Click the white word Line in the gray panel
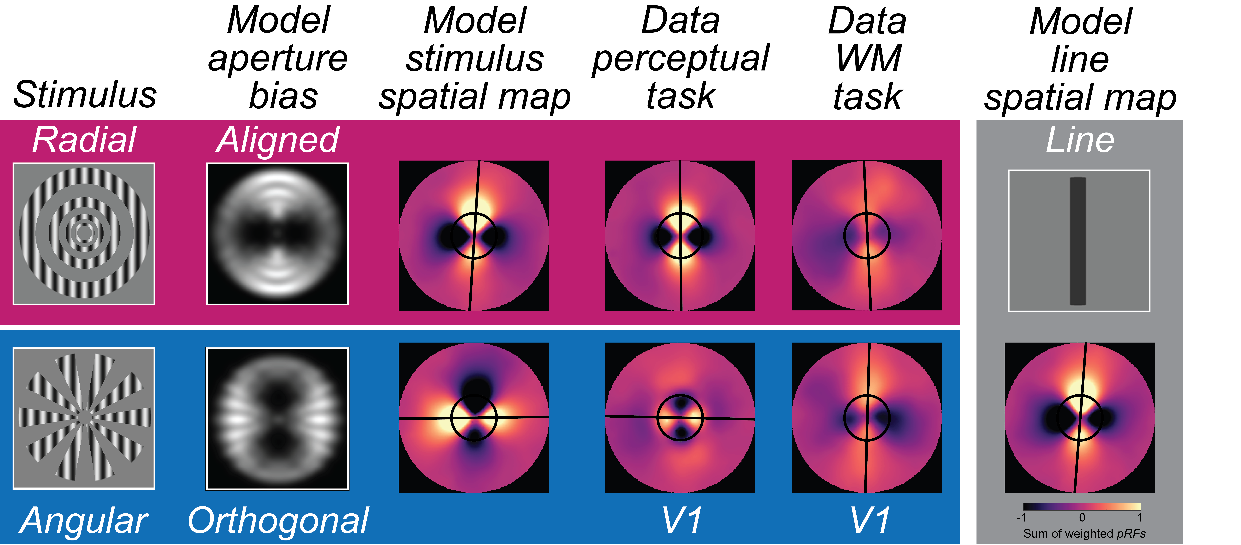(1080, 140)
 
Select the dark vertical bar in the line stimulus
(1078, 241)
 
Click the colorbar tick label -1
(1021, 518)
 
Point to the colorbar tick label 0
(1082, 518)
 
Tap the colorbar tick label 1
(1139, 518)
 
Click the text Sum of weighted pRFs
(1084, 534)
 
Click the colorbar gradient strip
(1082, 506)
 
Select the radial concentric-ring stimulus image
(84, 234)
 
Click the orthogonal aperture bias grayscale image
(278, 418)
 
